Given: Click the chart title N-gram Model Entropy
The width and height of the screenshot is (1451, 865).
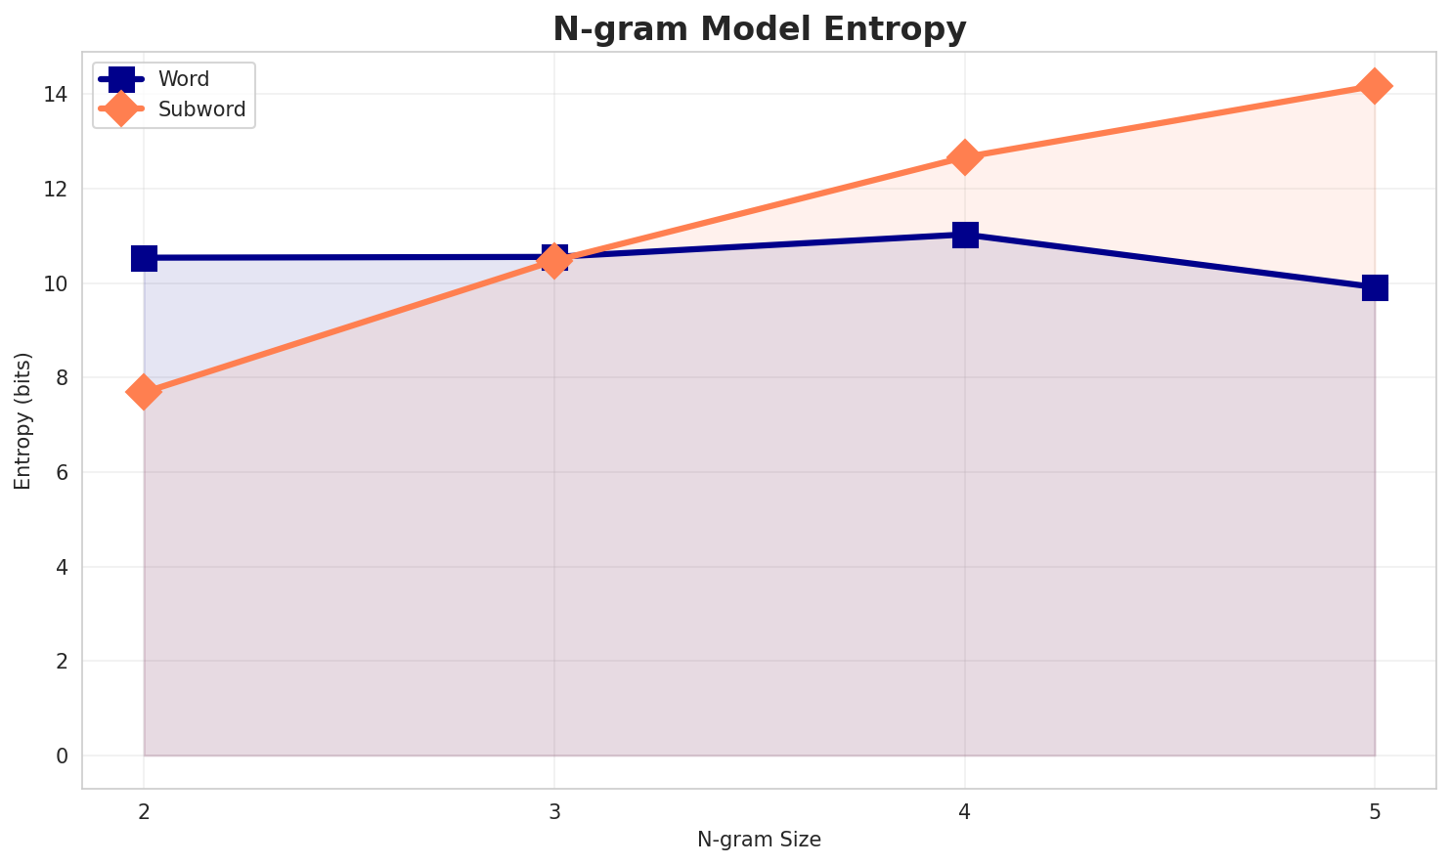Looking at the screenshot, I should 759,29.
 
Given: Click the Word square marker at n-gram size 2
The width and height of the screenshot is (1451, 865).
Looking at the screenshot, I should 144,258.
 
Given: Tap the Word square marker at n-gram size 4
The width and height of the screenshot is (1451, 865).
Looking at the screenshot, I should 965,235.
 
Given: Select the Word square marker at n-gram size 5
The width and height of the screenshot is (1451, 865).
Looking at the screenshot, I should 1375,287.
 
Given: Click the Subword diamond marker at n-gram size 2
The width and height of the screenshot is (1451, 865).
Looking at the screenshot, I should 144,392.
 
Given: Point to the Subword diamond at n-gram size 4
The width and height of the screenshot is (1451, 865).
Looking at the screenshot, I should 965,157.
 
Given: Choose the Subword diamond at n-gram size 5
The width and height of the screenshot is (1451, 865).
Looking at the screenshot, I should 1375,86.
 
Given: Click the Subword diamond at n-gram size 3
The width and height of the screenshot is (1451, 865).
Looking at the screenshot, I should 554,261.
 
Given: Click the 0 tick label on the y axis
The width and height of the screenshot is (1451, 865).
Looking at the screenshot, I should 62,757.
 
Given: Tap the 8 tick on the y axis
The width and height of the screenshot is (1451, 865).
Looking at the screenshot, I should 62,378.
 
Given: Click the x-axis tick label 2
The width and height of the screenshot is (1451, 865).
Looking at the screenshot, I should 144,811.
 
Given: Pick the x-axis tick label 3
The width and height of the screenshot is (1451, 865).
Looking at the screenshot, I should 554,811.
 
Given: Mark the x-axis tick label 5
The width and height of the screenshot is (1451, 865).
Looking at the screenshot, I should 1375,811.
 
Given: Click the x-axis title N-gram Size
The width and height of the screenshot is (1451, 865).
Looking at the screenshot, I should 759,840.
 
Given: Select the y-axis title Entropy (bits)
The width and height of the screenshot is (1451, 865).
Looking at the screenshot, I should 22,420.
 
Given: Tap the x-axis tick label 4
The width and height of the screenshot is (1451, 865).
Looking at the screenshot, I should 965,811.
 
